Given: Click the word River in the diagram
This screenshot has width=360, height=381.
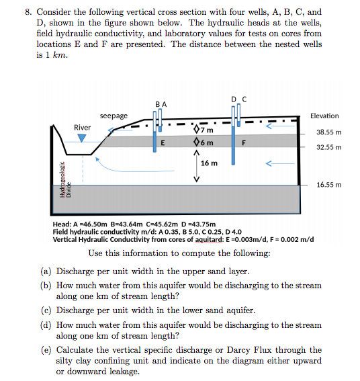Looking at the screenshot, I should coord(83,127).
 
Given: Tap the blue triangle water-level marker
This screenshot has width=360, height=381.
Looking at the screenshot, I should coord(82,138).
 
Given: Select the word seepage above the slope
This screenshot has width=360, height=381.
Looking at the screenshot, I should coord(114,116).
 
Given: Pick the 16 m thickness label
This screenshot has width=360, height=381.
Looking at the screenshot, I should coord(209,163).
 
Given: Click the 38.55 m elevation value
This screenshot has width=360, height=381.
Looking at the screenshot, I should coord(329,132).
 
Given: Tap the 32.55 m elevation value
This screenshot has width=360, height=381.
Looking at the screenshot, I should coord(329,146).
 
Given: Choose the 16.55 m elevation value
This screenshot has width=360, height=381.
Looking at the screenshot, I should coord(329,183).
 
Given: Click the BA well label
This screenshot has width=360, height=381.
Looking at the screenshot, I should coord(160,104).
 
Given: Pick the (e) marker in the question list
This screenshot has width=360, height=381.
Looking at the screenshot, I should coord(46,350).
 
